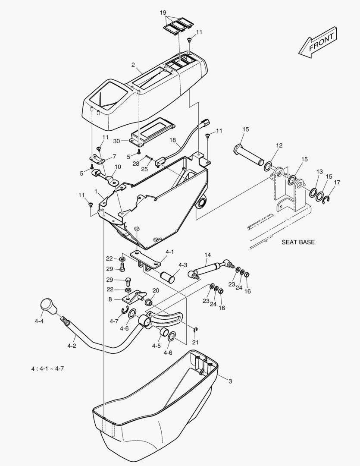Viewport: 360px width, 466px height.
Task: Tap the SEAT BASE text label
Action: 298,242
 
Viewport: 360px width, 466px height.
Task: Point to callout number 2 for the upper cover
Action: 134,65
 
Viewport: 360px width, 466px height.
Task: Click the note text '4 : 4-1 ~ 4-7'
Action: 47,368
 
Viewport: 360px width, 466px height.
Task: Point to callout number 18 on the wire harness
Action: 173,140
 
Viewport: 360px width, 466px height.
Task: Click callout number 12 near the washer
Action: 279,145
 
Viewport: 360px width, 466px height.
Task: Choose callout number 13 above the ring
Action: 319,172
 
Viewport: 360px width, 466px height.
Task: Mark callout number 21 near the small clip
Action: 195,342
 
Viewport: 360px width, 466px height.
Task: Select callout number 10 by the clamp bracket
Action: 118,167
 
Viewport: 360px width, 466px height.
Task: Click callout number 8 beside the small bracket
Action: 110,299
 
